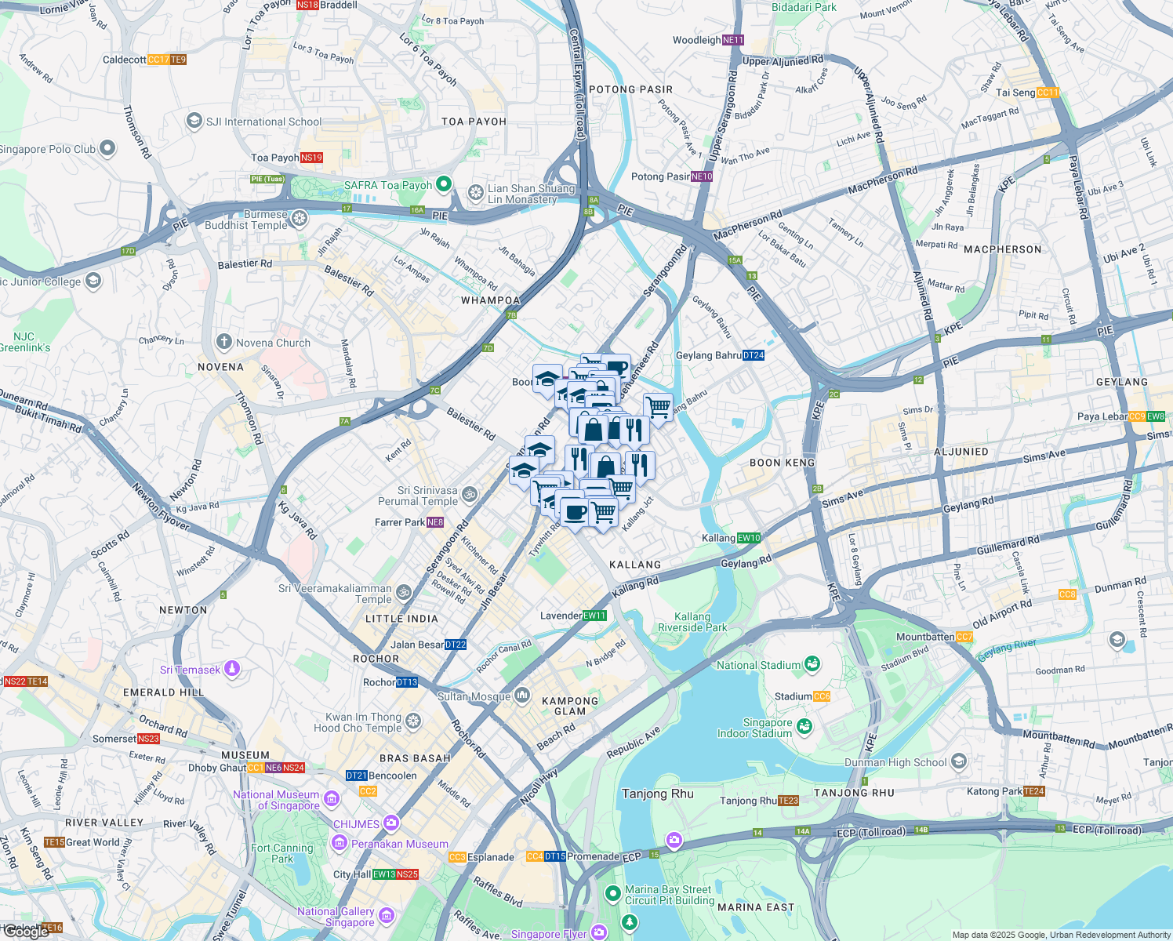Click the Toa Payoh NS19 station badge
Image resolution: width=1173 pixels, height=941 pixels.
point(311,158)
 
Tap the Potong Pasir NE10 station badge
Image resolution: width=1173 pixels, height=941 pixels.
point(702,176)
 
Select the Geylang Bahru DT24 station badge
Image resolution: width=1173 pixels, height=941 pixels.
point(753,355)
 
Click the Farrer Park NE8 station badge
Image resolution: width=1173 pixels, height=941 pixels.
point(435,522)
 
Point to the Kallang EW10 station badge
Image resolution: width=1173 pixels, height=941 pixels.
point(749,538)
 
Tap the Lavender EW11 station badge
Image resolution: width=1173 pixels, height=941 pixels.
point(594,616)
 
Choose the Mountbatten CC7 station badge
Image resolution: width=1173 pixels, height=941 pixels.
point(964,637)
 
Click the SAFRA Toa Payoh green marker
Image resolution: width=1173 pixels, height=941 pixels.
point(443,185)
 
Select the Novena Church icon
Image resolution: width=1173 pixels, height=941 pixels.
point(224,343)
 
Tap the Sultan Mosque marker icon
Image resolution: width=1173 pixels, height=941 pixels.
point(522,696)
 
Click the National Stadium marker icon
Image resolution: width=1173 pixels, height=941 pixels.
point(812,665)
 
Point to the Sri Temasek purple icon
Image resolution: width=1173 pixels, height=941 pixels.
point(231,670)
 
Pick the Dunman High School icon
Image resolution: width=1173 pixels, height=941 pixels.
point(958,762)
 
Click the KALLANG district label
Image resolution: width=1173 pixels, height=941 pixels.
point(635,565)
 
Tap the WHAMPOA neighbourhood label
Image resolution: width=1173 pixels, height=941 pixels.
point(490,300)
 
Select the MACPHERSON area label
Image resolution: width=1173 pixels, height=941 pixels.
point(1002,249)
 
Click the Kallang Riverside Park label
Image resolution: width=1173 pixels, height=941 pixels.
point(692,622)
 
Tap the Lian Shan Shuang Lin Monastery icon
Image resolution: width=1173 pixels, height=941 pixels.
point(475,192)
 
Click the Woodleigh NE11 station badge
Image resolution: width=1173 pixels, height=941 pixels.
point(733,40)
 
